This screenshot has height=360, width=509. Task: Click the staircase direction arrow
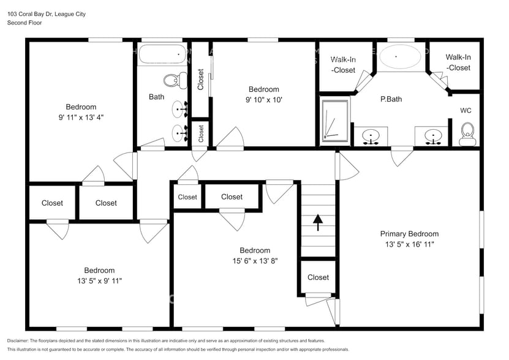[x=318, y=222]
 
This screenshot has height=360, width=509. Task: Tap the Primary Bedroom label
[x=409, y=234]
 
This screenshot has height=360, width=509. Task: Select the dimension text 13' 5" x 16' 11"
[x=409, y=244]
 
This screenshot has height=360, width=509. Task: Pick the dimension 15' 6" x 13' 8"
[x=254, y=261]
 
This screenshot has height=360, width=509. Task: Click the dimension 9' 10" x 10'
[x=263, y=99]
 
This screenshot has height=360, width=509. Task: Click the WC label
[x=466, y=111]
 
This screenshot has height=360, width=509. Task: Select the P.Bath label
[x=391, y=99]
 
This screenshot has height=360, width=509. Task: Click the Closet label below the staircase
[x=318, y=277]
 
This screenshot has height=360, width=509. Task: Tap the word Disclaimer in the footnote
[x=21, y=340]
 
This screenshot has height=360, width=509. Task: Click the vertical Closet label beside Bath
[x=200, y=79]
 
